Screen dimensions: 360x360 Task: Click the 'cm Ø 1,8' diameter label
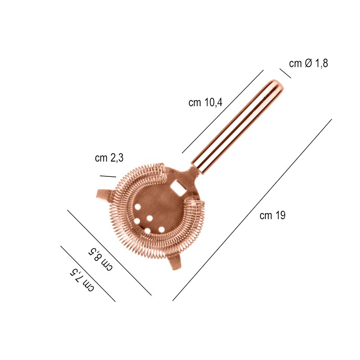309,63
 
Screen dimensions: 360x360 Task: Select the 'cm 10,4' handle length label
205,103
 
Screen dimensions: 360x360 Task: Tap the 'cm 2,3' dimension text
109,158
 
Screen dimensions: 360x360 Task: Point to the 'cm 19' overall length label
272,216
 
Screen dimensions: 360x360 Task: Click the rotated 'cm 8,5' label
100,258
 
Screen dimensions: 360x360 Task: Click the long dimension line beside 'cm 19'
252,210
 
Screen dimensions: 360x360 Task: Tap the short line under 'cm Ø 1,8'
285,73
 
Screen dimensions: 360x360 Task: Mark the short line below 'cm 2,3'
108,176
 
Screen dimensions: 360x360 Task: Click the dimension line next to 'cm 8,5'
109,252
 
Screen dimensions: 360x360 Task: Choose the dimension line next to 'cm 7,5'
88,274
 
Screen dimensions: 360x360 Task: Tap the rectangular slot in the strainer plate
177,187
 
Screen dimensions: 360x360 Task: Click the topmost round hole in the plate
138,207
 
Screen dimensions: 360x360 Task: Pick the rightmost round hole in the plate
161,229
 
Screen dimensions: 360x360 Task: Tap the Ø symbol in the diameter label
308,63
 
